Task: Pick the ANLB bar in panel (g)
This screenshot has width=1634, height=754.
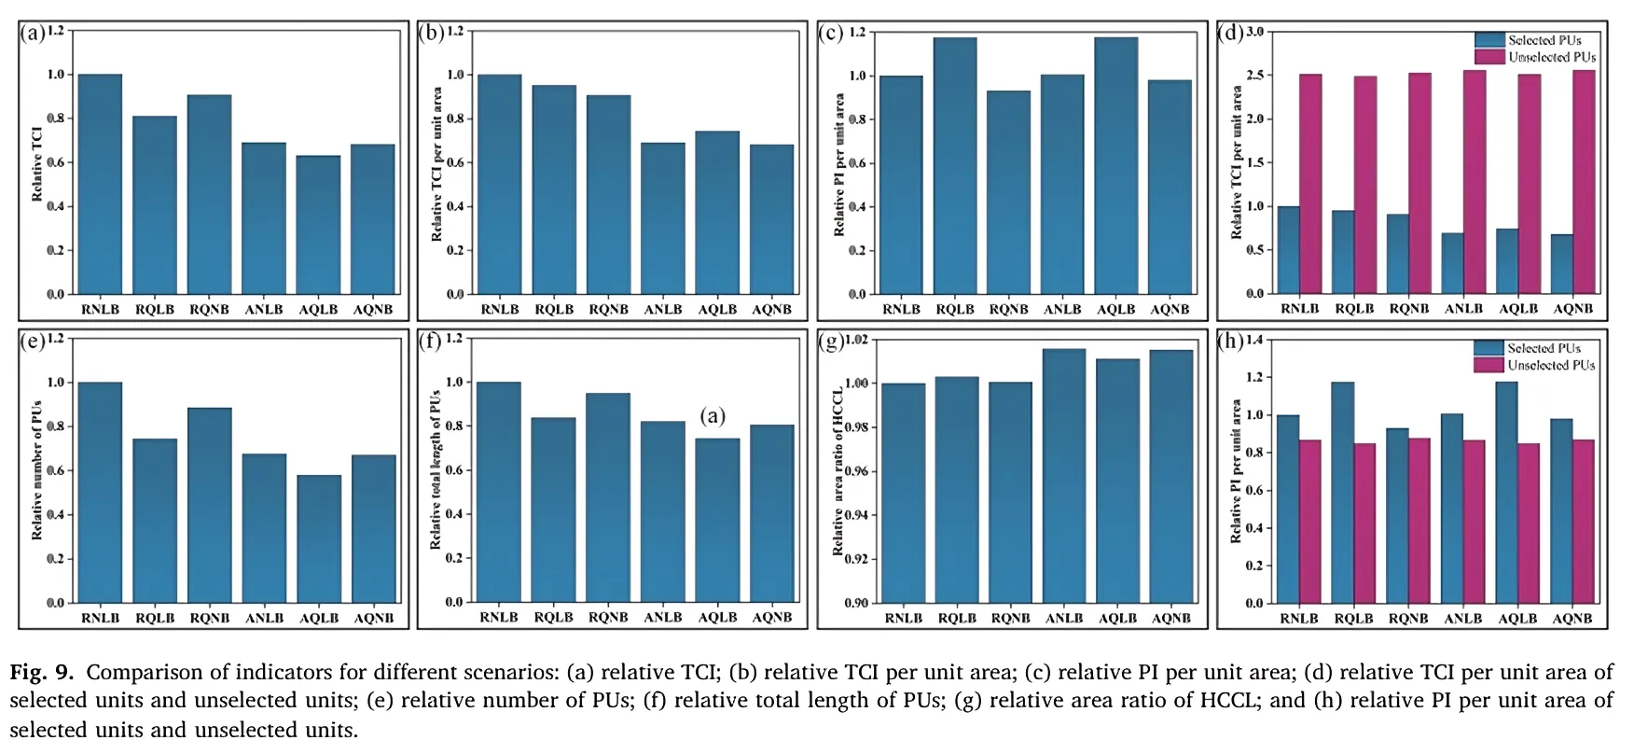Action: click(x=1064, y=475)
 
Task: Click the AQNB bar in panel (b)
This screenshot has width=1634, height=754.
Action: click(x=771, y=219)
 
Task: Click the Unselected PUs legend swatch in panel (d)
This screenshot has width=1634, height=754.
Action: click(x=1489, y=57)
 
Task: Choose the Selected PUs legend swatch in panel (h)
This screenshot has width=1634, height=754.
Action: click(x=1489, y=348)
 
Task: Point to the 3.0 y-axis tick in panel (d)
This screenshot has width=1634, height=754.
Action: click(x=1254, y=32)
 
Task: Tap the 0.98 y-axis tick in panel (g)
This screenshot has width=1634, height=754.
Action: click(x=856, y=427)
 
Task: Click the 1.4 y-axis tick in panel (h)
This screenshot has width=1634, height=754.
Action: click(x=1254, y=340)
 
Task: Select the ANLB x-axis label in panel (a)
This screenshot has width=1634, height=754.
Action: click(x=264, y=310)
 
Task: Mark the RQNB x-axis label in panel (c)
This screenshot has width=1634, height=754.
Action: click(x=1009, y=310)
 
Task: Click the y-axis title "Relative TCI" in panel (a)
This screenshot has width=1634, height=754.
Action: click(x=37, y=165)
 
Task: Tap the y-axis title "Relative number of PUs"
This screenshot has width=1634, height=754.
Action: click(x=37, y=470)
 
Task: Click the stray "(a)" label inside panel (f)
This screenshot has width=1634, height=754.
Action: click(x=713, y=416)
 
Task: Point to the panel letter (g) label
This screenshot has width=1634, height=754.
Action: click(x=831, y=342)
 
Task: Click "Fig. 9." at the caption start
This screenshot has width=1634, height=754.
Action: click(x=42, y=673)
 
